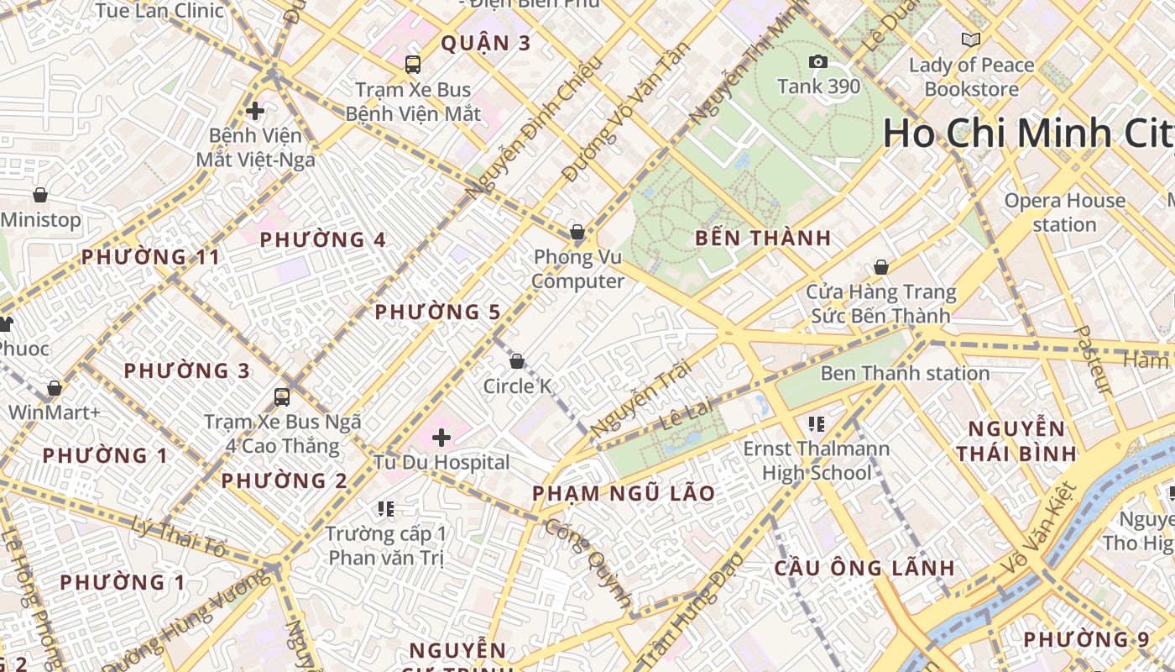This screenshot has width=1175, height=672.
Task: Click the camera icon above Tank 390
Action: [817, 62]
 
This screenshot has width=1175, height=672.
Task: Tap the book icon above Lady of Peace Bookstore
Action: [971, 39]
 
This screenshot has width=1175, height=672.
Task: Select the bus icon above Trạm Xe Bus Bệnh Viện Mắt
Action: [413, 64]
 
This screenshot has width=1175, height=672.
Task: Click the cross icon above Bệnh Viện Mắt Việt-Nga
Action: [255, 110]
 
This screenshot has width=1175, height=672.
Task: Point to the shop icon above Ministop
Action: [40, 195]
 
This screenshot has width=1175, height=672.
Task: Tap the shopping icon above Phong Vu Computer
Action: [577, 232]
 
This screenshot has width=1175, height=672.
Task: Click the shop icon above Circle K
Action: [517, 361]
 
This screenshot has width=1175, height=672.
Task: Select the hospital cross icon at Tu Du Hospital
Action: [441, 437]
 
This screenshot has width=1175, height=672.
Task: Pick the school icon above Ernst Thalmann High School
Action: [817, 424]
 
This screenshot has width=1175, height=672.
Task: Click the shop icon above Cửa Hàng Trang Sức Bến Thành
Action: [881, 267]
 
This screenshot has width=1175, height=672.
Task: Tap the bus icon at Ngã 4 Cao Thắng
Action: [282, 396]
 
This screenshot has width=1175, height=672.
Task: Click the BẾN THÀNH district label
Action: [763, 239]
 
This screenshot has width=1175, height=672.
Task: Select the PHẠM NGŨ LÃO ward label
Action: [624, 493]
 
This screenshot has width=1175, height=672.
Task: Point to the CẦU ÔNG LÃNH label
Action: [864, 568]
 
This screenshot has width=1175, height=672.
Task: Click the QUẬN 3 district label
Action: [486, 44]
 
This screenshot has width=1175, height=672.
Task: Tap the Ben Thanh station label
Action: [905, 373]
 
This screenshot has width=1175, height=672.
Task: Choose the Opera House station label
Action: [1064, 213]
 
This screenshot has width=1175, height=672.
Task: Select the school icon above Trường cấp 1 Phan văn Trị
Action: [386, 508]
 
